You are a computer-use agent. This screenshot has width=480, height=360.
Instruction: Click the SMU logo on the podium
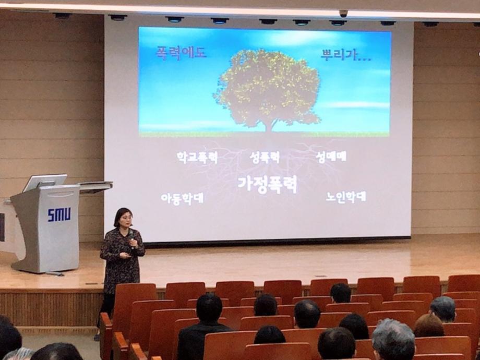(59, 214)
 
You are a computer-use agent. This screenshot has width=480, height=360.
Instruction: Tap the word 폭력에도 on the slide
(181, 53)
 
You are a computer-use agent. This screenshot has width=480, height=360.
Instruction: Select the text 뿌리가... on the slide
(346, 55)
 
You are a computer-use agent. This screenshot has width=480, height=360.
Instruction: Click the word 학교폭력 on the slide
(197, 158)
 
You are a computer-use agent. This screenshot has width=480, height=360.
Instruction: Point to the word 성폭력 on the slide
(265, 157)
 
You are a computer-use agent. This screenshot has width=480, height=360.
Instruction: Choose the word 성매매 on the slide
(331, 157)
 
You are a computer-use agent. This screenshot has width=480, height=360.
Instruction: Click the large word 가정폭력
(268, 184)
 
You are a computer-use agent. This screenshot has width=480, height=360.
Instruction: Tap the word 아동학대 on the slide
(182, 199)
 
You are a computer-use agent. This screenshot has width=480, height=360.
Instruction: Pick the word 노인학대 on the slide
(346, 197)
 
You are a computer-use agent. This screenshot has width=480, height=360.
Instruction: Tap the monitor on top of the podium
(45, 183)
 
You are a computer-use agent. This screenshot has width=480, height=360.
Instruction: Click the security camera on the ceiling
(343, 13)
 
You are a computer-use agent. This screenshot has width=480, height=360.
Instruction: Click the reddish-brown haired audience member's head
(428, 326)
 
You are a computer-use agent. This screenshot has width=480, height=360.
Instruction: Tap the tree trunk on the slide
(269, 126)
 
